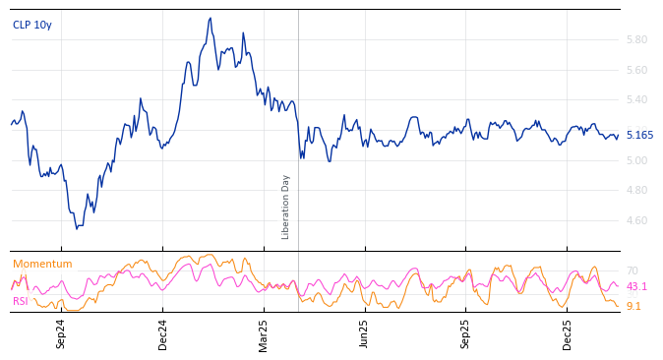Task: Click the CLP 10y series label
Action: tap(32, 26)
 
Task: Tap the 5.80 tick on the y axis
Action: tap(636, 40)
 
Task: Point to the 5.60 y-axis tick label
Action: tap(636, 71)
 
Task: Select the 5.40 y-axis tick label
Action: tap(636, 100)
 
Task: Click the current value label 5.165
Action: tap(639, 136)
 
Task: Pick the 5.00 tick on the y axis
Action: tap(636, 160)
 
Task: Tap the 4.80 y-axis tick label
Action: tap(636, 191)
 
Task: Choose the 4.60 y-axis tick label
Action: tap(636, 221)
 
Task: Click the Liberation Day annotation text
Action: tap(286, 207)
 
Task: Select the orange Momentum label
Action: tap(42, 265)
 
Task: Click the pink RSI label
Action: tap(21, 301)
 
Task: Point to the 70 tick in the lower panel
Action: tap(633, 271)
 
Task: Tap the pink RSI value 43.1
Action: tap(636, 287)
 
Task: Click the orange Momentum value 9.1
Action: tap(633, 307)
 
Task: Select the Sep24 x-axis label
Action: tap(61, 333)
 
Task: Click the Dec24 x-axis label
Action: tap(163, 333)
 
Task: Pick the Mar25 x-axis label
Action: tap(264, 333)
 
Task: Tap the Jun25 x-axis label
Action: tap(364, 333)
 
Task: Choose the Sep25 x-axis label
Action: tap(465, 333)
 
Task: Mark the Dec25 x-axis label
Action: tap(568, 333)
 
